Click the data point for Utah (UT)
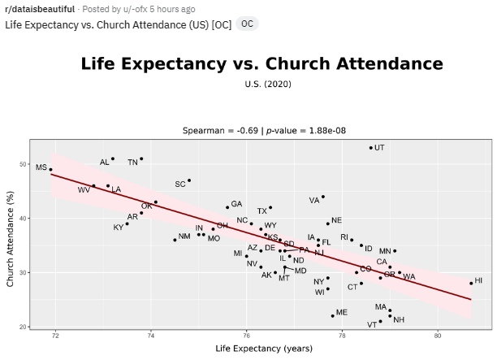click(x=371, y=148)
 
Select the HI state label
click(x=478, y=280)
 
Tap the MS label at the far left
click(x=41, y=167)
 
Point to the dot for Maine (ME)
click(x=333, y=315)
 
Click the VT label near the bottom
click(x=371, y=324)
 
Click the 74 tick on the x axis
click(x=151, y=335)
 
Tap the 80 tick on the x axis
click(x=439, y=335)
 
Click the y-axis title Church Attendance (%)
click(x=11, y=236)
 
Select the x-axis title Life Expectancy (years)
click(x=264, y=349)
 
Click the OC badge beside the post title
click(x=247, y=24)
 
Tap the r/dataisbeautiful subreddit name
click(x=40, y=9)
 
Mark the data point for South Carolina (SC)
click(x=189, y=180)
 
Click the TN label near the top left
click(x=132, y=163)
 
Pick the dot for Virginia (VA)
click(x=323, y=197)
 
